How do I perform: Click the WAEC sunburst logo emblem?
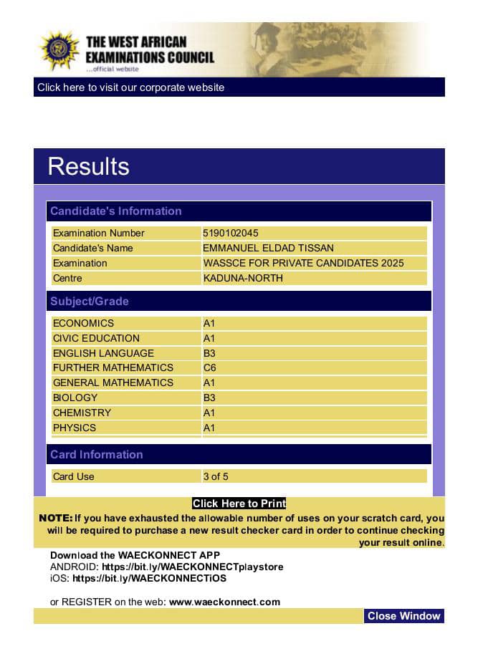click(x=59, y=50)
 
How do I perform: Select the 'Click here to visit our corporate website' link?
click(x=130, y=87)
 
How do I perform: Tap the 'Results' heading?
click(x=88, y=166)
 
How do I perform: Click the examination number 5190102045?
click(x=231, y=233)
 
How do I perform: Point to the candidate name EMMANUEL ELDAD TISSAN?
click(x=268, y=248)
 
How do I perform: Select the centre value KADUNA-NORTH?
click(x=243, y=278)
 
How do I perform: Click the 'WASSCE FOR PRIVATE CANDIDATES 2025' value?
click(x=303, y=263)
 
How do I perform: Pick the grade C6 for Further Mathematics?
click(x=209, y=367)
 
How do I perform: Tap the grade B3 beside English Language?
click(x=209, y=353)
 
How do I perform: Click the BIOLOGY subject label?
click(x=75, y=398)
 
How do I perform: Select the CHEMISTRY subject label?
click(x=82, y=413)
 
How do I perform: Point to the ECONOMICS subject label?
click(x=83, y=323)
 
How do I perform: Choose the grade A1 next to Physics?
click(x=209, y=428)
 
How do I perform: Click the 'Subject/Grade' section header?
click(x=90, y=302)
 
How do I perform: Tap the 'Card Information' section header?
click(x=97, y=455)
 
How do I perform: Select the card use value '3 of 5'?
click(x=216, y=476)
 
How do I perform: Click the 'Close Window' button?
click(x=403, y=616)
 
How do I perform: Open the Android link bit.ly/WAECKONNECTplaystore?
click(x=192, y=567)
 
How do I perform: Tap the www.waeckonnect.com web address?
click(x=224, y=602)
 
